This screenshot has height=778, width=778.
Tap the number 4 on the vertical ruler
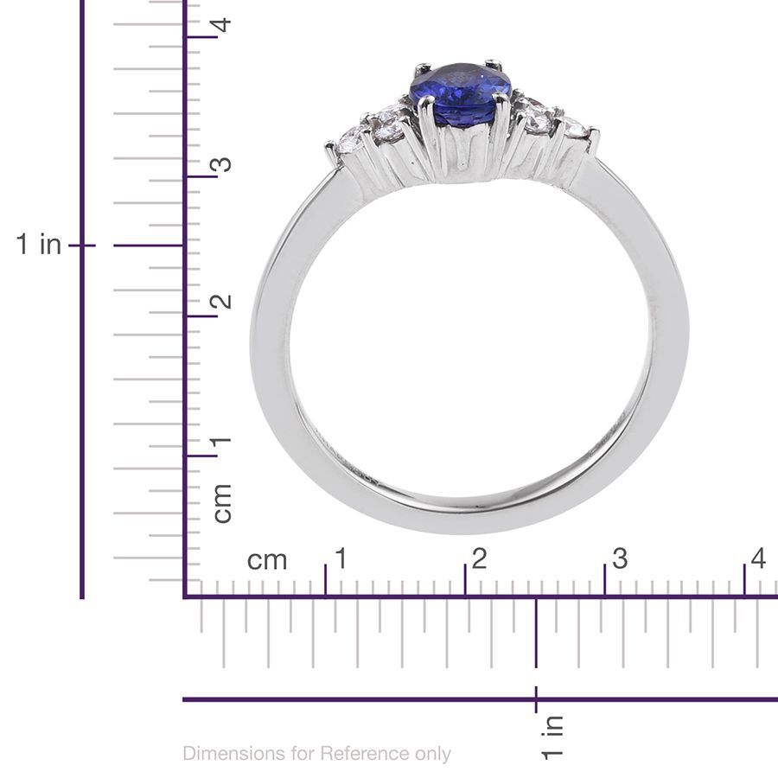pyautogui.click(x=222, y=23)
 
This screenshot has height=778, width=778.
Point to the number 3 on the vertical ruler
pyautogui.click(x=222, y=163)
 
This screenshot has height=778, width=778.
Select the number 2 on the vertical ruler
pyautogui.click(x=222, y=302)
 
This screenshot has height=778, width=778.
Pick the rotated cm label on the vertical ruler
pyautogui.click(x=222, y=502)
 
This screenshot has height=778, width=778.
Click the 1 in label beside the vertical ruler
pyautogui.click(x=39, y=245)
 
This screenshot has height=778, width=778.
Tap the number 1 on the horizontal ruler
pyautogui.click(x=340, y=558)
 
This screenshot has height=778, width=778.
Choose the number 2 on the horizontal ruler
pyautogui.click(x=479, y=558)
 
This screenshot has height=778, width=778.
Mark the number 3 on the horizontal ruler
pyautogui.click(x=619, y=558)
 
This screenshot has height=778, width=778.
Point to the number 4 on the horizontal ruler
pyautogui.click(x=758, y=558)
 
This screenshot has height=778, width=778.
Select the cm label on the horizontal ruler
pyautogui.click(x=267, y=560)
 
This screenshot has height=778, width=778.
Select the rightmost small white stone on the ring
pyautogui.click(x=574, y=129)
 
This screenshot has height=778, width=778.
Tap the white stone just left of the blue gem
pyautogui.click(x=384, y=121)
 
